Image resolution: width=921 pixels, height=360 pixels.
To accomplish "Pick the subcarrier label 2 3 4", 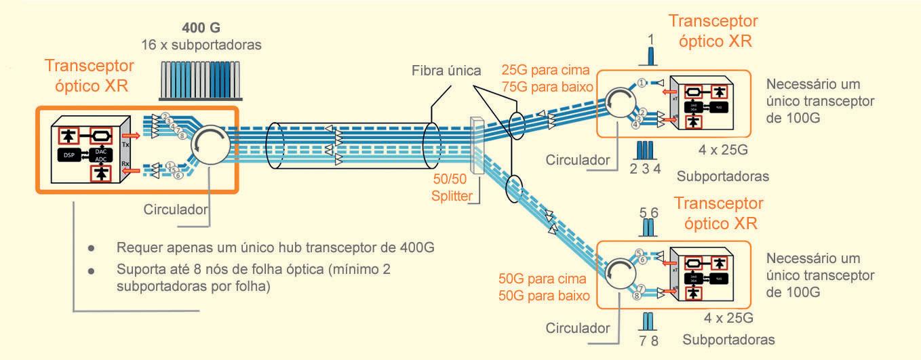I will coord(646,168).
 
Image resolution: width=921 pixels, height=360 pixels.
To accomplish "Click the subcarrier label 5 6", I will coord(649,213).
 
